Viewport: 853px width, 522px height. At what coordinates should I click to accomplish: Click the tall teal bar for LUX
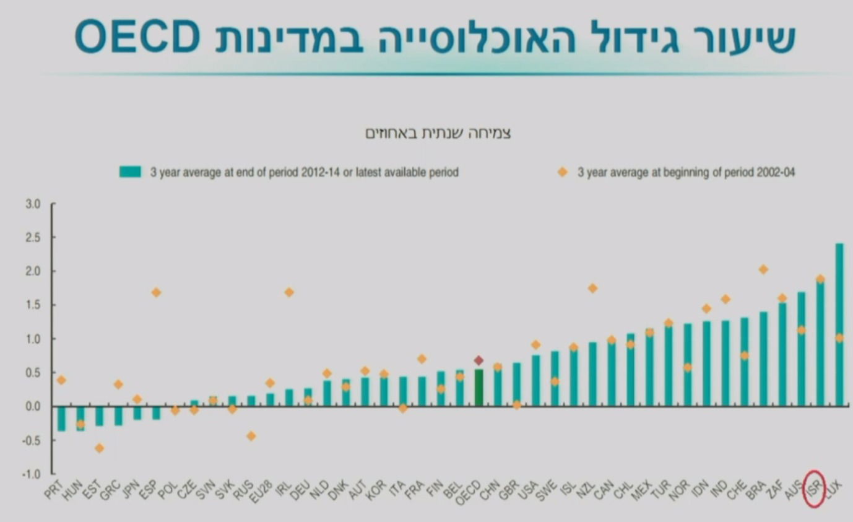839,324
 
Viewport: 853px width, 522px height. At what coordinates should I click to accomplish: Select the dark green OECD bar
478,388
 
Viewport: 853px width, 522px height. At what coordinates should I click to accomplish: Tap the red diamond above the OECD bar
478,360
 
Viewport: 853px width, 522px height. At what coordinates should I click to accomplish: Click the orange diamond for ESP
156,292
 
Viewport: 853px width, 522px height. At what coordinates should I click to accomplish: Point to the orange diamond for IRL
289,292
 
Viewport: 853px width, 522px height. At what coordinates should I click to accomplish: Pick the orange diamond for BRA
763,269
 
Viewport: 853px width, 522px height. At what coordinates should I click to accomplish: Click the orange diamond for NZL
592,288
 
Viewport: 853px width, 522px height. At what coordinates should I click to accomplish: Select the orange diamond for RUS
251,436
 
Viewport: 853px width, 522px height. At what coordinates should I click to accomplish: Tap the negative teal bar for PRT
61,419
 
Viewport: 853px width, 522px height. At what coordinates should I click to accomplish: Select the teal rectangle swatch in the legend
131,172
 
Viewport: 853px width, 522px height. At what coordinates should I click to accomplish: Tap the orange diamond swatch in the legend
562,172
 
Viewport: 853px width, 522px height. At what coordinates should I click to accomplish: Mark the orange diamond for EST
99,448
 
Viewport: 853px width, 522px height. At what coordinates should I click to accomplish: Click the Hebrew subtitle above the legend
438,133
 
